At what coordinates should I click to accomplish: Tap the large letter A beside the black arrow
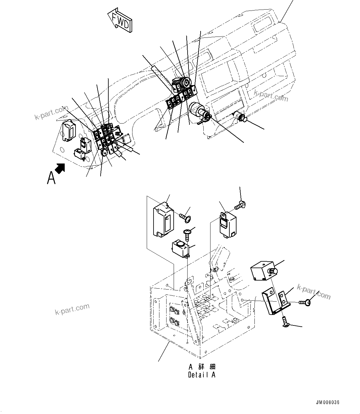[x=51, y=178]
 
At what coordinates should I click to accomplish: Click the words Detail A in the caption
[x=202, y=375]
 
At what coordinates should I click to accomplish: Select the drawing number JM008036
[x=327, y=403]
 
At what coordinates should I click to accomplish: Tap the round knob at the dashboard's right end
[x=242, y=118]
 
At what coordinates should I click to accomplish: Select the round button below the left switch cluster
[x=104, y=151]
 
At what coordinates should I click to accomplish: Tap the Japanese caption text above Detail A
[x=202, y=367]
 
